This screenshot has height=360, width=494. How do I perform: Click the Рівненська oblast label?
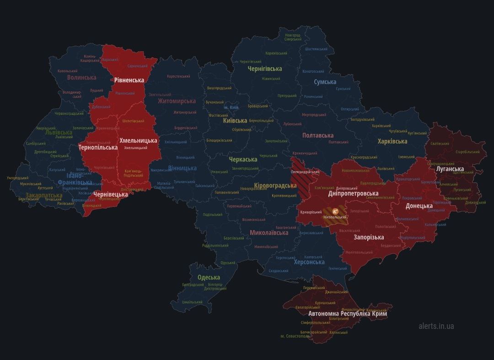[129, 80]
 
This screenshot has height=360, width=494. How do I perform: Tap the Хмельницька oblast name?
[138, 140]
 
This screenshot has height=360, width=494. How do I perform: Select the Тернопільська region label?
[98, 147]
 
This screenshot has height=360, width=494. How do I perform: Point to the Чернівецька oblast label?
[111, 194]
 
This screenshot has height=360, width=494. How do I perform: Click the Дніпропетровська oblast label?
[353, 193]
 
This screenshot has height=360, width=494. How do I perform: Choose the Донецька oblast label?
[419, 206]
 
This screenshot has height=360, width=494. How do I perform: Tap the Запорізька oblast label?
[369, 237]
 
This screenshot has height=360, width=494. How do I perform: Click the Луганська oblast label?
[450, 169]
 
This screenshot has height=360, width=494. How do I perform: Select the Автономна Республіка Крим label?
[348, 314]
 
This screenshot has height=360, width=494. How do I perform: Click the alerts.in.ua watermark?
[436, 326]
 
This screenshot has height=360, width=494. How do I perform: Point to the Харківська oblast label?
[392, 141]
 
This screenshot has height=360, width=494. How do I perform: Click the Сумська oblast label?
[325, 82]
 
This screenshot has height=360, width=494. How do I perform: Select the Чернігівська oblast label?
[264, 68]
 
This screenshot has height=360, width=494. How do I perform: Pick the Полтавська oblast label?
[318, 135]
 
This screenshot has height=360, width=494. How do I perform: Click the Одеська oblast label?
[209, 277]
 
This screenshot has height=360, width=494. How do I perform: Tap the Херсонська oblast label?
[309, 262]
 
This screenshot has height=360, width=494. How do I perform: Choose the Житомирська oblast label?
[177, 101]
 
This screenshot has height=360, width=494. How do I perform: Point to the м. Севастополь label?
[295, 336]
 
